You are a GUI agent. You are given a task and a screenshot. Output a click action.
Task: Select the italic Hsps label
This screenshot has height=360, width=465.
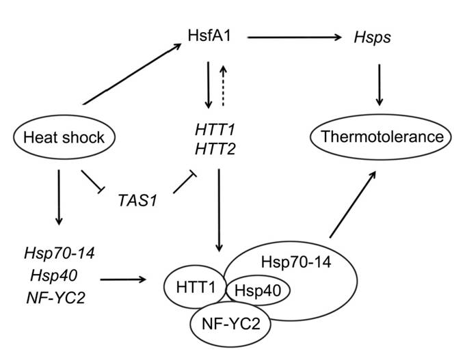(373, 38)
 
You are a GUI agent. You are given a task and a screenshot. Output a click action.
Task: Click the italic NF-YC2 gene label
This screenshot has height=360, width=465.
(56, 298)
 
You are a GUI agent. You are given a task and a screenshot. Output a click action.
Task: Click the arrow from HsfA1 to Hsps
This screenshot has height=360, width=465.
(294, 38)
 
